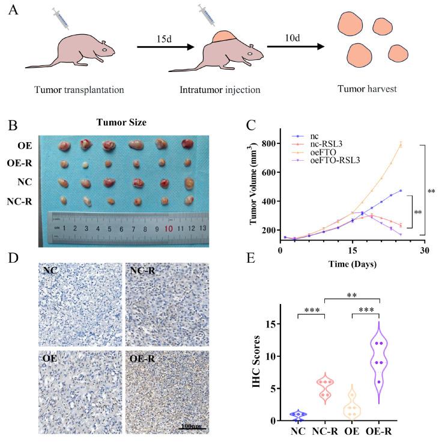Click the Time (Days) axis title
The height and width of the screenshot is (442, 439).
click(x=353, y=263)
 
